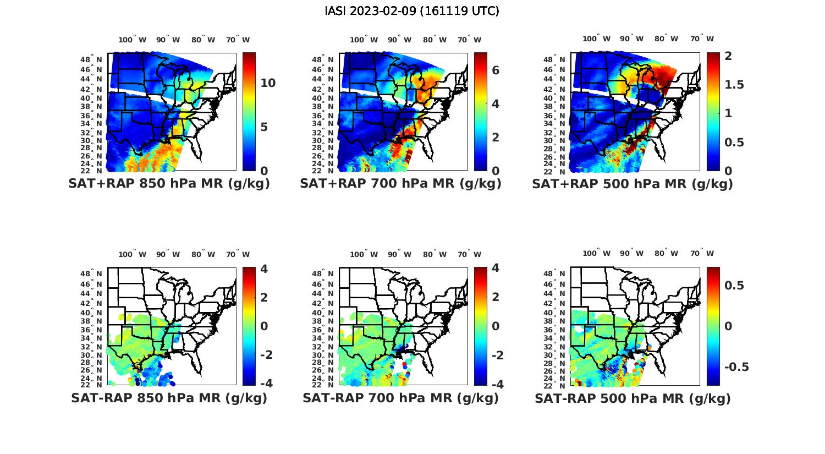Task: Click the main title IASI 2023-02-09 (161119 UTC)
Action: point(412,11)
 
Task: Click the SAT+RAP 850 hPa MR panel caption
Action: point(169,184)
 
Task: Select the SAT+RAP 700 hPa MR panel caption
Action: point(401,184)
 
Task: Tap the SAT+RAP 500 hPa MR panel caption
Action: point(632,184)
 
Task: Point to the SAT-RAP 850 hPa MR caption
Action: point(169,398)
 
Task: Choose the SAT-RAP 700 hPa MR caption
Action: point(401,398)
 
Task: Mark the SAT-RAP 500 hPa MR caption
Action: point(632,398)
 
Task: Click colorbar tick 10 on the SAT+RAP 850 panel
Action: point(268,83)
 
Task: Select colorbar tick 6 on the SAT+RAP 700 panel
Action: point(496,70)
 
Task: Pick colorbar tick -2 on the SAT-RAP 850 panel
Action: point(265,355)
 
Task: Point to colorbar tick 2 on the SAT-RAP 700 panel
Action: point(496,298)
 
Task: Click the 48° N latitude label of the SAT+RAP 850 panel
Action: point(92,59)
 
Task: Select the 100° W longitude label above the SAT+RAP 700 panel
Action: point(364,40)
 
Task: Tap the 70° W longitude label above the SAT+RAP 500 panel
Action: point(702,39)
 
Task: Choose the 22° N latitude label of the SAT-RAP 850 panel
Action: point(92,385)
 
